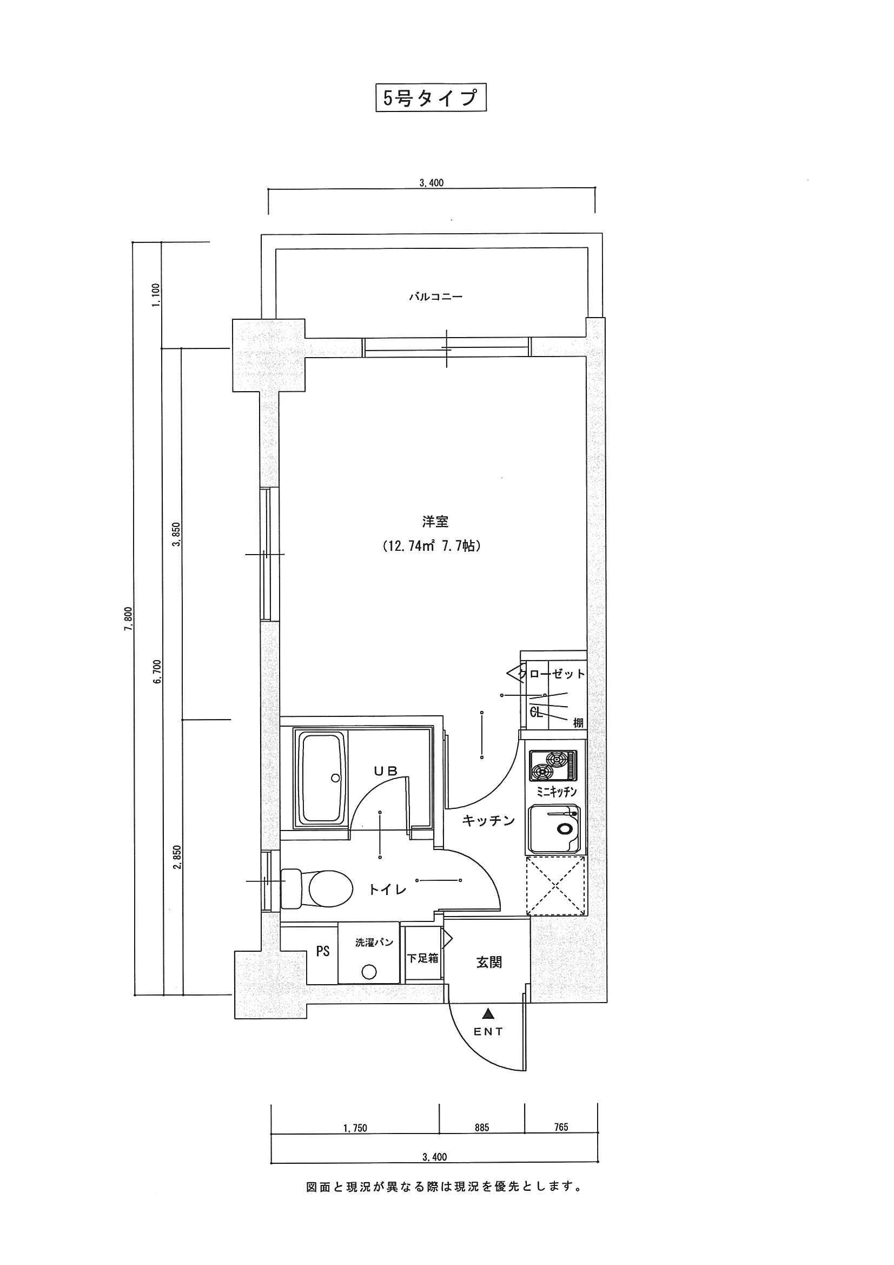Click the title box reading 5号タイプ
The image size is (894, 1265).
pos(431,98)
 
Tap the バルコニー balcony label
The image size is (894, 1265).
pos(435,297)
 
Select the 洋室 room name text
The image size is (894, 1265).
pos(435,521)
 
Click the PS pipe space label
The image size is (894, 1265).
pos(323,951)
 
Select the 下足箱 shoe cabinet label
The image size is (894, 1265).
pos(422,958)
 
